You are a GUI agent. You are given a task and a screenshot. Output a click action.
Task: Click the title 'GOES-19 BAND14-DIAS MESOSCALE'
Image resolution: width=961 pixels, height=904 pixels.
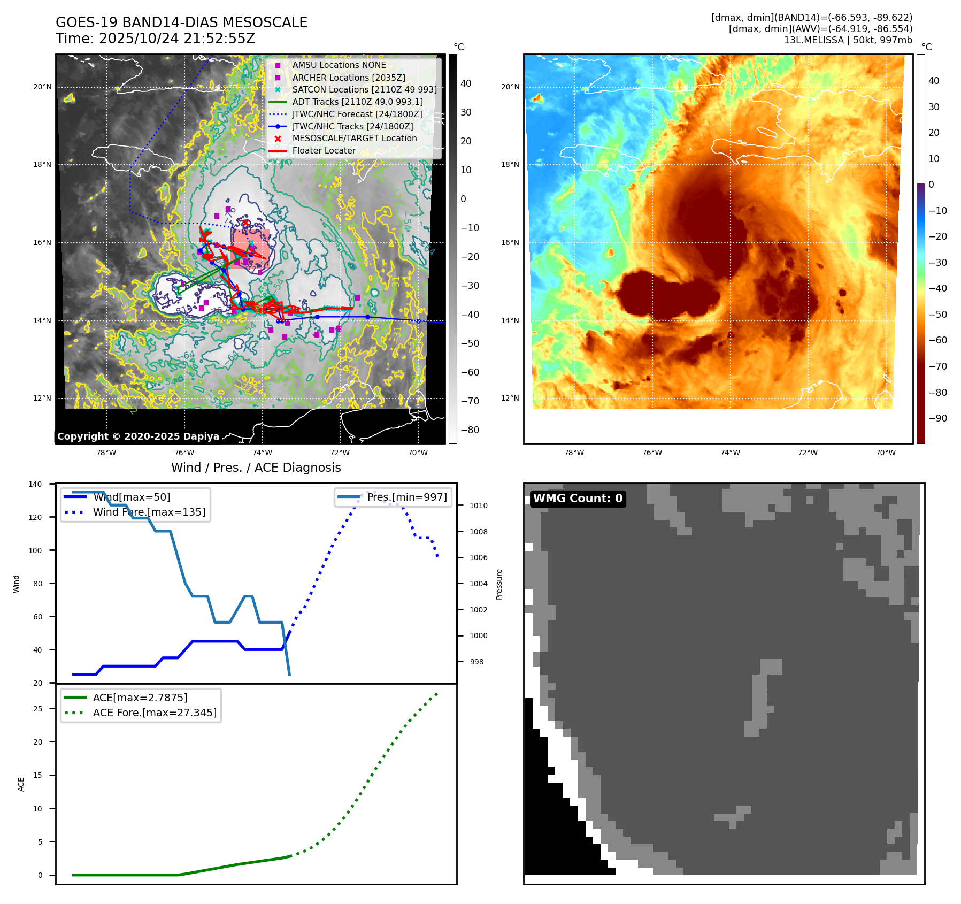click(181, 22)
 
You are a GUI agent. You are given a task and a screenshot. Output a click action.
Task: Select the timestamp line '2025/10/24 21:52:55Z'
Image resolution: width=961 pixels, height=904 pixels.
click(177, 39)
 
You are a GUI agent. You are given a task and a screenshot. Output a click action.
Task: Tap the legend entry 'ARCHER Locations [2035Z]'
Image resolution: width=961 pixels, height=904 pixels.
click(348, 78)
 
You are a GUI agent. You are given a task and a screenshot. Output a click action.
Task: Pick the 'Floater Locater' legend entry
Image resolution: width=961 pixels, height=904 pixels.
click(324, 151)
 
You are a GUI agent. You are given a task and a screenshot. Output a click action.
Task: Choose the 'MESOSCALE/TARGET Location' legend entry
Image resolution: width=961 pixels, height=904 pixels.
click(354, 139)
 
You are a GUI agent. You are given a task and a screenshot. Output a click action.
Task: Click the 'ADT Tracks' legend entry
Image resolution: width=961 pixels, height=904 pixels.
click(357, 102)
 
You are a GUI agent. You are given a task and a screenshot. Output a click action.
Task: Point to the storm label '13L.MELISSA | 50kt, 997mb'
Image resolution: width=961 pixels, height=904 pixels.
click(848, 40)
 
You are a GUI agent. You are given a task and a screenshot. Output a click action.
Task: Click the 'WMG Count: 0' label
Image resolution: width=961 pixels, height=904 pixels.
click(578, 499)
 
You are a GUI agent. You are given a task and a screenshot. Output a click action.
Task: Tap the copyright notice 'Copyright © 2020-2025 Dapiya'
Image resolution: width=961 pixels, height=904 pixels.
click(138, 436)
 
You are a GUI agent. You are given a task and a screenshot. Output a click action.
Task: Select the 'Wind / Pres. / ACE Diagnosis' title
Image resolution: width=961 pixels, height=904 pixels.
click(256, 468)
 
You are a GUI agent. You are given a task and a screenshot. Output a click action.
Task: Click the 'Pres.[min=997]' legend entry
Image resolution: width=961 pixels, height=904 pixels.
click(407, 497)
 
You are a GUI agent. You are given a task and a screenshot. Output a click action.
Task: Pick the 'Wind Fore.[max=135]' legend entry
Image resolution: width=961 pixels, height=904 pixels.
click(149, 512)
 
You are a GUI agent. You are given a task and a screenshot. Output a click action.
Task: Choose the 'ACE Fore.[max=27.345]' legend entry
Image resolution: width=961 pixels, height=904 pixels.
click(155, 713)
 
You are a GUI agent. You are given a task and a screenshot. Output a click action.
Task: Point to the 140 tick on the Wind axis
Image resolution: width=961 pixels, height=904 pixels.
click(35, 484)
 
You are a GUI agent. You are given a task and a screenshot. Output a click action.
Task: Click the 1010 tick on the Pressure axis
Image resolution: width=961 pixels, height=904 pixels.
click(479, 505)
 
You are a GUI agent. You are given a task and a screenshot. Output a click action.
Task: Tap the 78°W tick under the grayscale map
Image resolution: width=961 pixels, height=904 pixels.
click(106, 453)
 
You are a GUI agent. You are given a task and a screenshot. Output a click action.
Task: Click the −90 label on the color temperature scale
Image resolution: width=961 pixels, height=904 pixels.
click(937, 418)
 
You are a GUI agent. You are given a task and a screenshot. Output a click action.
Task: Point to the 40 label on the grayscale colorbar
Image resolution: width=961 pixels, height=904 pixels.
click(466, 83)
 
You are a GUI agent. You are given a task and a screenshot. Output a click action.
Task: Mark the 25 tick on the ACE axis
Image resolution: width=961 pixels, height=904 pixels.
click(38, 709)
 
